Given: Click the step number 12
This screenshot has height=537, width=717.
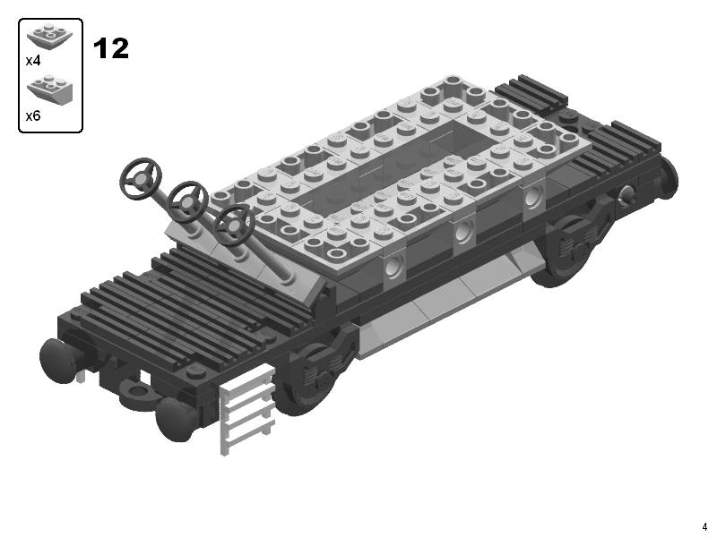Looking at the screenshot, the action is [110, 48].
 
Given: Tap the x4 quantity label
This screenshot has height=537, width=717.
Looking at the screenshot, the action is [33, 60].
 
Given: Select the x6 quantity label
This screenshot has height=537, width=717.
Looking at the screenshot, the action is [33, 116].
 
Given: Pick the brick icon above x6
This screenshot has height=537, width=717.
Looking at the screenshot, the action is [49, 89].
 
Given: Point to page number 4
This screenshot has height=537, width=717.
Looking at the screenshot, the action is [704, 526].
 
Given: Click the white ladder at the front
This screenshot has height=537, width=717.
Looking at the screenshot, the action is [248, 409].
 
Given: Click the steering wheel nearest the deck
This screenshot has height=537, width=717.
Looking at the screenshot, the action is [235, 226].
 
